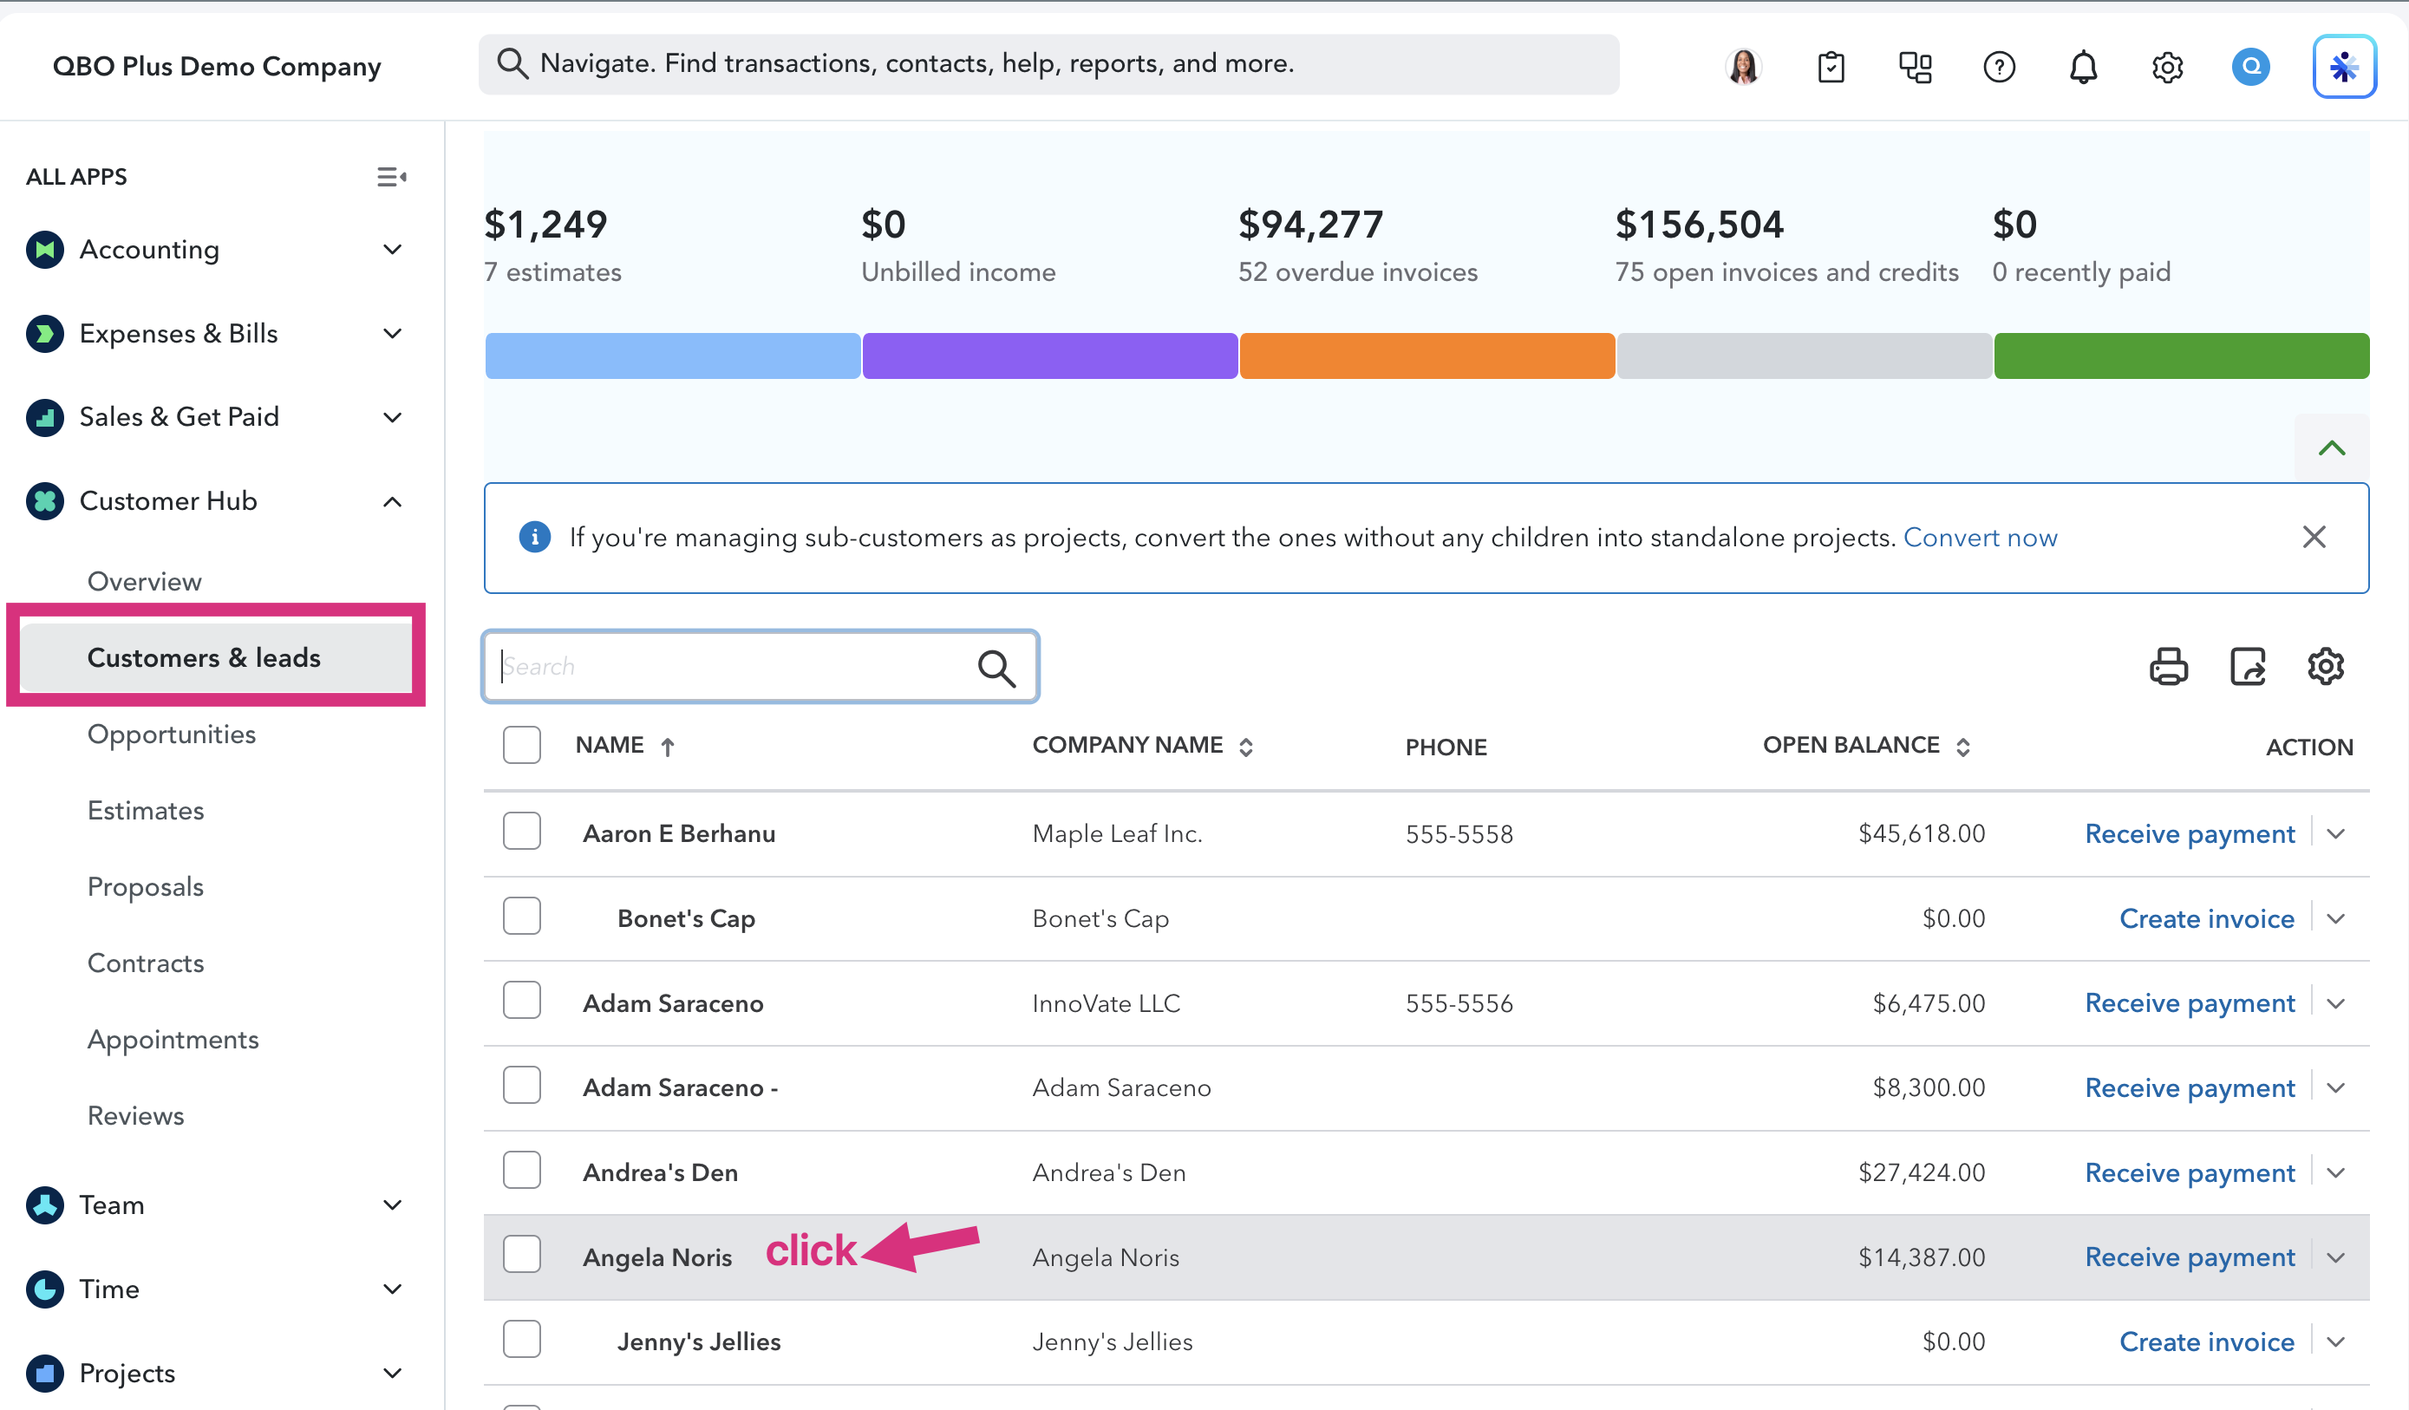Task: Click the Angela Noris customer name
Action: (657, 1257)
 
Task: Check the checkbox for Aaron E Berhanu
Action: (522, 832)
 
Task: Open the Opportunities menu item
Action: (172, 734)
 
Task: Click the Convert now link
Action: (1980, 538)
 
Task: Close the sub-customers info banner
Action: (2314, 538)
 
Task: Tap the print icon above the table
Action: (2168, 666)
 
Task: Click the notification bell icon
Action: (2083, 67)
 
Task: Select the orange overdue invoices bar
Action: (1427, 356)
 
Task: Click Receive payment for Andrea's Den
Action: (2189, 1173)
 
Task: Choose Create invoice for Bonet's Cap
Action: (2206, 918)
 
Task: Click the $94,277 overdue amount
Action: (1310, 225)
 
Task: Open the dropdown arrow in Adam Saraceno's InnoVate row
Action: (2335, 1003)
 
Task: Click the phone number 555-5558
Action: (1459, 834)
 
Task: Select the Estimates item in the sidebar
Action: (146, 811)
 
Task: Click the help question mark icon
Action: (1999, 67)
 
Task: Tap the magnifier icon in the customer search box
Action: (996, 667)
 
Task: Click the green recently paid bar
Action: (2182, 356)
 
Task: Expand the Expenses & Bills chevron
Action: (392, 334)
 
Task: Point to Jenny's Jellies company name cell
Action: (1112, 1342)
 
